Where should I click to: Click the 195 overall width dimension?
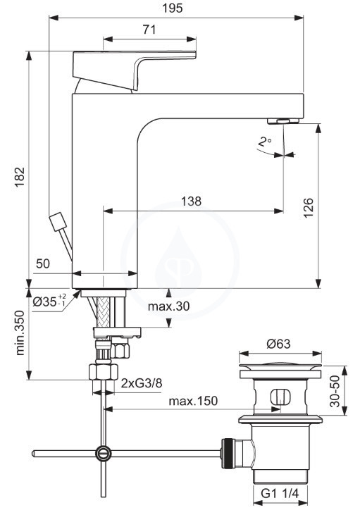tap(173, 8)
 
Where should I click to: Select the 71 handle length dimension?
tap(149, 30)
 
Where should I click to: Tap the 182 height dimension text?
tap(20, 176)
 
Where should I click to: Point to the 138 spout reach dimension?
tap(191, 201)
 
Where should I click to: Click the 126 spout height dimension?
tap(309, 207)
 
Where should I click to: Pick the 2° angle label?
tap(265, 142)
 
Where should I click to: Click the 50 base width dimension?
tap(43, 263)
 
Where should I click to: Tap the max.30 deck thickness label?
tap(168, 306)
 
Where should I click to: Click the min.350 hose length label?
tap(20, 333)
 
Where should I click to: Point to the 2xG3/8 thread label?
tap(142, 383)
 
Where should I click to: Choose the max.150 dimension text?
tap(193, 401)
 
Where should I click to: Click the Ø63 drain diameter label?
tap(278, 344)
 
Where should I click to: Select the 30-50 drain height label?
tap(335, 391)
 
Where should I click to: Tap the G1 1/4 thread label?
tap(280, 493)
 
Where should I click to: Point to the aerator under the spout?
tap(283, 121)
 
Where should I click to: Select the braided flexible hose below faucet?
tap(103, 313)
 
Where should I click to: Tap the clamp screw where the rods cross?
tap(104, 453)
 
